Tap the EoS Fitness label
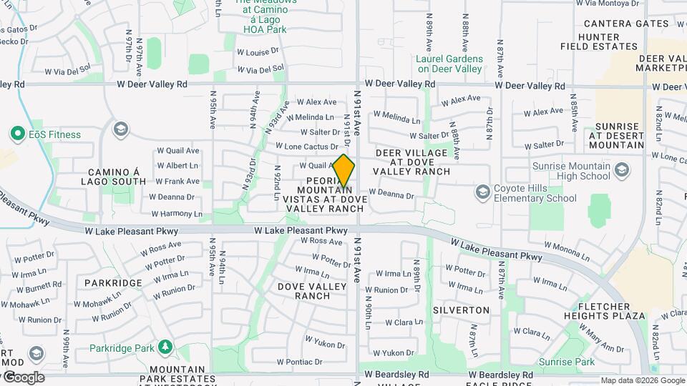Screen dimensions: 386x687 click(x=54, y=134)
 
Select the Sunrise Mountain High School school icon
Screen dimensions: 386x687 click(x=622, y=169)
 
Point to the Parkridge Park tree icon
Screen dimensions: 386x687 click(x=165, y=347)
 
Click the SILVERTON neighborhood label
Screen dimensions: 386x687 click(x=461, y=310)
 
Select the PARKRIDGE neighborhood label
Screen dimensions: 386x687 click(x=113, y=282)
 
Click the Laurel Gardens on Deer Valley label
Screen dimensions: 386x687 click(x=449, y=64)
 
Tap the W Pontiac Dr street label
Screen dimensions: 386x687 click(x=305, y=362)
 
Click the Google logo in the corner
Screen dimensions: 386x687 click(x=24, y=377)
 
